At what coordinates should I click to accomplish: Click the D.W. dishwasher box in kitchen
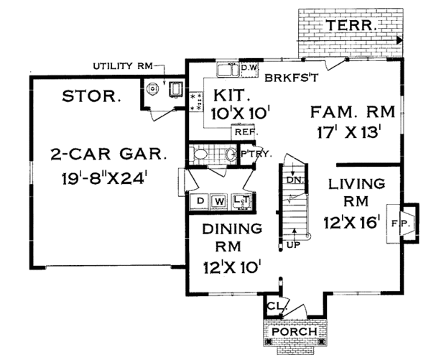[249, 68]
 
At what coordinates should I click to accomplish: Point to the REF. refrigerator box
[240, 132]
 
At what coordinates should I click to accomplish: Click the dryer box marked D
[201, 200]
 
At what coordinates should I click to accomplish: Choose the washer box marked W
[220, 200]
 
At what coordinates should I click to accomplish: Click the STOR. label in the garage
[90, 96]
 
